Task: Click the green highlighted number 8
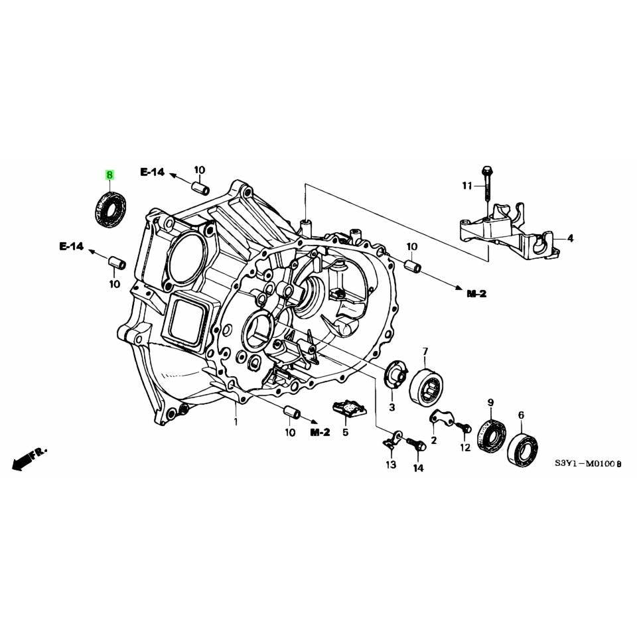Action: click(109, 175)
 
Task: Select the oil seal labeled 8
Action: click(111, 210)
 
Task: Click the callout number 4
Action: click(571, 238)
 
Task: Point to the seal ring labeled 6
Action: click(523, 449)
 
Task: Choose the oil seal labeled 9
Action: click(492, 437)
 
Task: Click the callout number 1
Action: click(236, 422)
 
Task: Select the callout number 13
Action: click(391, 464)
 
